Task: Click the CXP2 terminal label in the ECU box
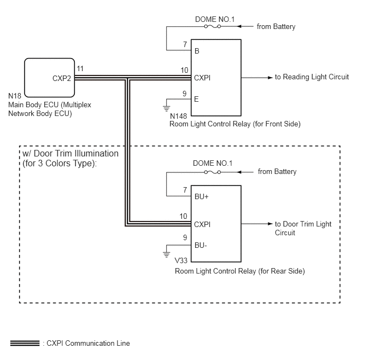click(x=62, y=78)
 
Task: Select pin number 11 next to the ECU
click(x=80, y=68)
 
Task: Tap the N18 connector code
click(x=15, y=96)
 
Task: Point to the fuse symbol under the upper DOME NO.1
click(x=213, y=26)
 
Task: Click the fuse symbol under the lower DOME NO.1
click(x=213, y=172)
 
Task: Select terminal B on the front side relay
click(x=197, y=51)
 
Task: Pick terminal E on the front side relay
click(x=196, y=99)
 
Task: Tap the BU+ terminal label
click(x=202, y=196)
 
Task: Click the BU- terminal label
click(x=201, y=245)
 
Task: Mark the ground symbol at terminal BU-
click(x=167, y=254)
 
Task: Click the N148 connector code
click(x=178, y=116)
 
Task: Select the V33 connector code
click(x=181, y=260)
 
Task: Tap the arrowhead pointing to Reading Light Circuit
click(x=270, y=78)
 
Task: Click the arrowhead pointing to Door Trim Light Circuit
click(x=270, y=224)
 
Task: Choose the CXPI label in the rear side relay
click(x=202, y=224)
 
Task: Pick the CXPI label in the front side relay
click(x=202, y=78)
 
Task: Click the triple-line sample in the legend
click(x=25, y=343)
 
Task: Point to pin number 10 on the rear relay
click(x=184, y=216)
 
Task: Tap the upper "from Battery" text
click(x=276, y=26)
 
